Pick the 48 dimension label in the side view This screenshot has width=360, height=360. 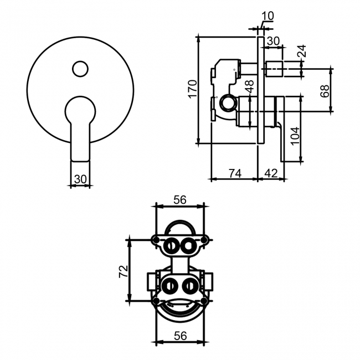(x=249, y=87)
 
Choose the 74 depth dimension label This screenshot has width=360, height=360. (x=234, y=173)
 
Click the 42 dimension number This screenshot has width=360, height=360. (x=271, y=173)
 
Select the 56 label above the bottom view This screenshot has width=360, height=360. (x=179, y=200)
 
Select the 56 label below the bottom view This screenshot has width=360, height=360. (x=179, y=336)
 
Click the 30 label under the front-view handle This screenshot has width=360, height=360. (x=80, y=179)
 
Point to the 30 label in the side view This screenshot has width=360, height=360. (x=273, y=40)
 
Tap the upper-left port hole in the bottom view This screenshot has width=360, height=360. (x=172, y=245)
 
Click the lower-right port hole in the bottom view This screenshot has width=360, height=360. (x=189, y=286)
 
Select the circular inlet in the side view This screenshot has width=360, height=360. (x=226, y=102)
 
